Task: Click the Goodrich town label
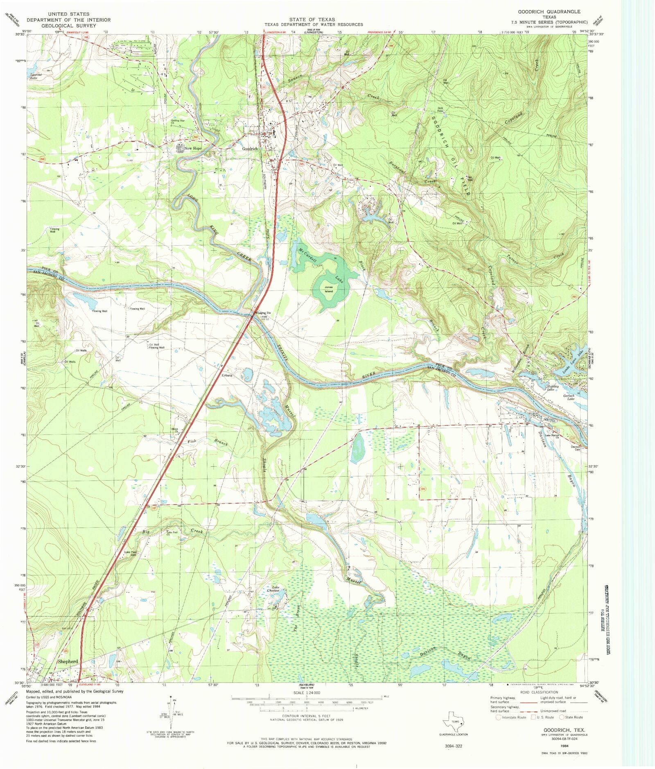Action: pos(250,149)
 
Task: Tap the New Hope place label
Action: pos(193,148)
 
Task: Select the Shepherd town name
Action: pos(68,661)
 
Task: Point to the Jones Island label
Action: pos(329,289)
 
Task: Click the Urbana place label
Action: pos(227,375)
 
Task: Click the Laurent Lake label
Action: pos(34,76)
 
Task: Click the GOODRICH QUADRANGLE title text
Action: pos(549,12)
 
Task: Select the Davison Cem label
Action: pos(576,448)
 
